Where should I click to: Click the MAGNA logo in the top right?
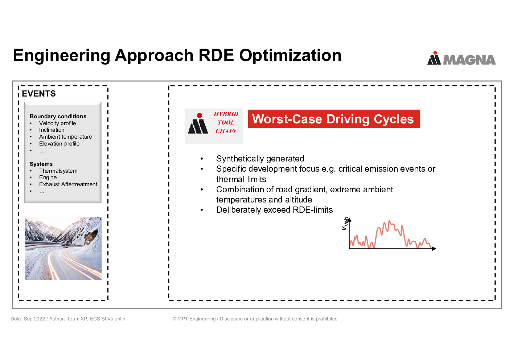click(461, 58)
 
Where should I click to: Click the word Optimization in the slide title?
click(290, 55)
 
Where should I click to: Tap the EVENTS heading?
click(38, 94)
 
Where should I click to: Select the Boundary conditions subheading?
click(58, 116)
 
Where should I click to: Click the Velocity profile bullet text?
click(57, 123)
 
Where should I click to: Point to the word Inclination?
click(52, 130)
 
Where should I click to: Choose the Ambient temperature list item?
click(65, 136)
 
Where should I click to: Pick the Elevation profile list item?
click(59, 144)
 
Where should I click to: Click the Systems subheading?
click(41, 164)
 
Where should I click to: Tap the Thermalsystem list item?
click(58, 171)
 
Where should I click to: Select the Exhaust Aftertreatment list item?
click(68, 184)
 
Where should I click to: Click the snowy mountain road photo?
click(63, 249)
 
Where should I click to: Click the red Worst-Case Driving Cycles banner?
click(334, 119)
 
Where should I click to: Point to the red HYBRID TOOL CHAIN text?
click(226, 122)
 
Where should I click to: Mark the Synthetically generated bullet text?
click(260, 159)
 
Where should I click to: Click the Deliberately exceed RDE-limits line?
click(274, 210)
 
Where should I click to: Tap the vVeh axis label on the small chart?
click(345, 224)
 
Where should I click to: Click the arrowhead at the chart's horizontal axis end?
click(434, 249)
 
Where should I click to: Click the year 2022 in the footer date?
click(39, 319)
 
